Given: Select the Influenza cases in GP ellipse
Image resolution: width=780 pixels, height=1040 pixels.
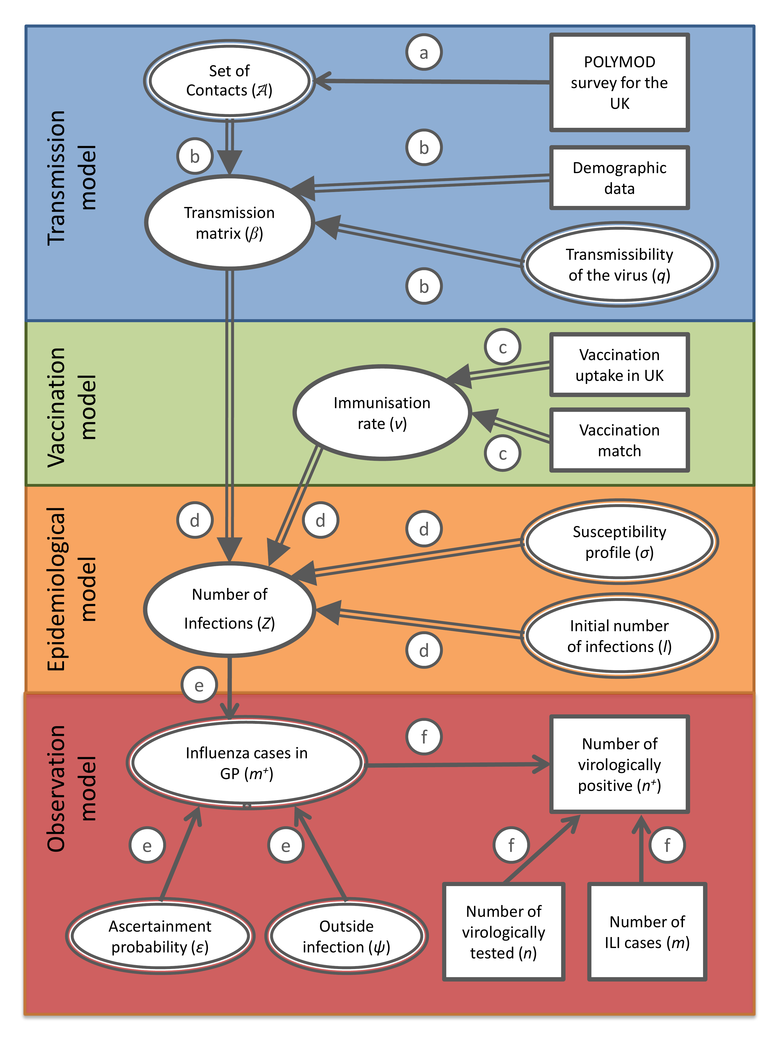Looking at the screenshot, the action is (x=246, y=763).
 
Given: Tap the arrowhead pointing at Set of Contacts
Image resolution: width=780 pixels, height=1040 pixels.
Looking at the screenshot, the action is (x=324, y=81).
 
